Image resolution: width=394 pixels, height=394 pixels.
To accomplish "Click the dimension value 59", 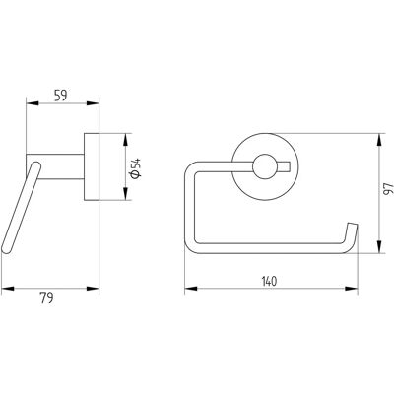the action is (60, 96).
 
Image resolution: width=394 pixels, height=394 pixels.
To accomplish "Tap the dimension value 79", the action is (46, 297).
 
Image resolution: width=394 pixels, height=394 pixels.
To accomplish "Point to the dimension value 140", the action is (269, 282).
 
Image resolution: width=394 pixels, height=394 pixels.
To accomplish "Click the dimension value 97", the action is (388, 189).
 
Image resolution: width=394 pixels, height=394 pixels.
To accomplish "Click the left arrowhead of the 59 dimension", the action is (33, 103).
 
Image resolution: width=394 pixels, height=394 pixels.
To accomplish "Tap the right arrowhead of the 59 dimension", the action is (93, 103).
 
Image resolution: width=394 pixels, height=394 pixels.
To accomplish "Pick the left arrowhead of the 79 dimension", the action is (8, 289).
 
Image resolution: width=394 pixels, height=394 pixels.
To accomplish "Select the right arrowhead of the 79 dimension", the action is (93, 289).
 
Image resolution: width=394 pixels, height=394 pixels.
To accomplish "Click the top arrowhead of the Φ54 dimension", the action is (125, 140).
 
